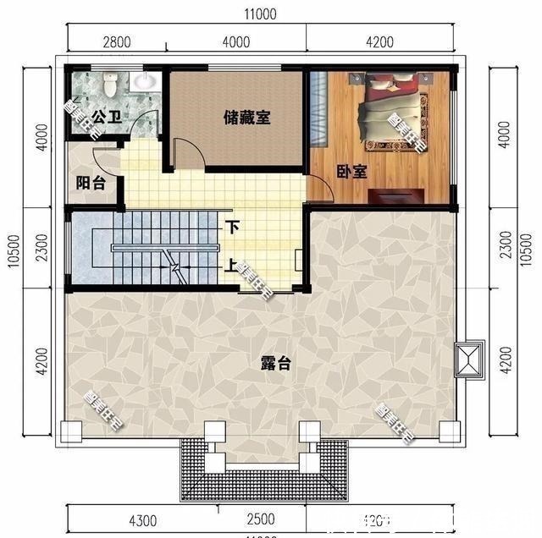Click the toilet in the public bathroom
[x=108, y=85]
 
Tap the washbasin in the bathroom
[x=146, y=81]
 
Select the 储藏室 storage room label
[x=246, y=118]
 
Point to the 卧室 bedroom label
[x=351, y=172]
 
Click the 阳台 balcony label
[x=91, y=183]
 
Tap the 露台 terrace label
[x=275, y=364]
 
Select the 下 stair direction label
[x=233, y=228]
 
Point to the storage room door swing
[x=188, y=152]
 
